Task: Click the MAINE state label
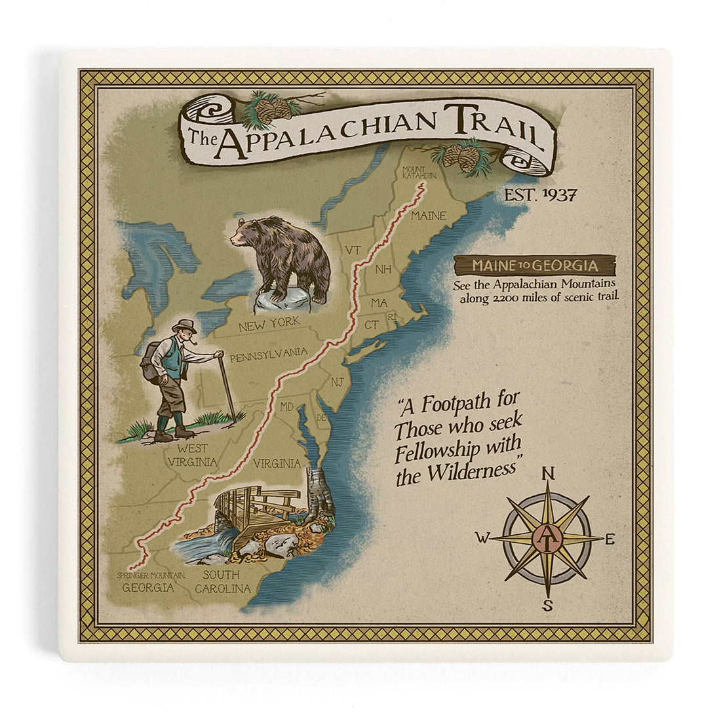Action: (x=429, y=216)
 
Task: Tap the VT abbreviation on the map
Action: (x=353, y=250)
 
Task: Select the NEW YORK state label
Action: (x=269, y=322)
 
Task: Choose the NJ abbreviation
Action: (x=337, y=381)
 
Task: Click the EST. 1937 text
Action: (x=539, y=195)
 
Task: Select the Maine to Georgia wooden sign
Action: (x=535, y=265)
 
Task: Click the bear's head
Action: (x=247, y=233)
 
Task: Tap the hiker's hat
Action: (x=184, y=325)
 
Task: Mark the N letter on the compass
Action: (x=549, y=473)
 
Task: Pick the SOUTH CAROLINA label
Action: (x=222, y=582)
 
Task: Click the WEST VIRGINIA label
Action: (x=192, y=455)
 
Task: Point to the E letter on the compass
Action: (x=610, y=539)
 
